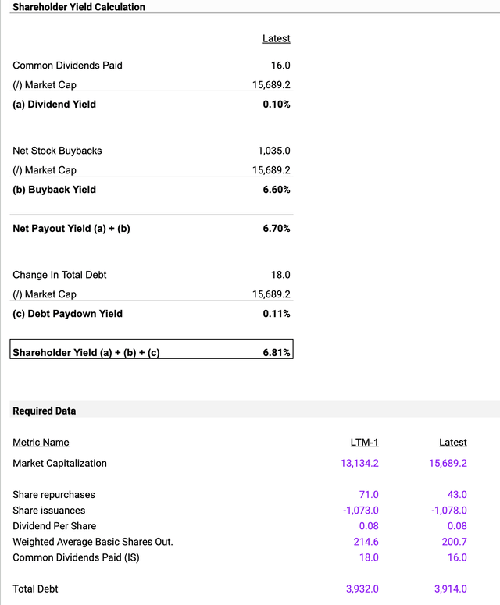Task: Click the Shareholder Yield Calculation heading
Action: [79, 7]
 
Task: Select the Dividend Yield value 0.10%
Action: [277, 104]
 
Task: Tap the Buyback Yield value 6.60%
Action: [277, 189]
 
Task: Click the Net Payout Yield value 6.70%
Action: [277, 228]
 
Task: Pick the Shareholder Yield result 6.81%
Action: [277, 353]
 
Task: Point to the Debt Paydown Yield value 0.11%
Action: [277, 314]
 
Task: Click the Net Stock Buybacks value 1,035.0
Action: [273, 151]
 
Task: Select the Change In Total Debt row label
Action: [59, 275]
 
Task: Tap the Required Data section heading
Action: [45, 411]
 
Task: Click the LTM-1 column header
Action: [364, 443]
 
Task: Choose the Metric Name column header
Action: [41, 443]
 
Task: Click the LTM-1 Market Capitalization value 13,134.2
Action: [355, 463]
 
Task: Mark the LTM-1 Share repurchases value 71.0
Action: [368, 495]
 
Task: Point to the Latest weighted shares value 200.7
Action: [454, 542]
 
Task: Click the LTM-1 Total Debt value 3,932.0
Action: [362, 589]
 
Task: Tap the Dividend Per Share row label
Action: [54, 526]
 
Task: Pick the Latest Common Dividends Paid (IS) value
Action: [456, 557]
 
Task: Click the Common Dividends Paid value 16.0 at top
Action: [280, 66]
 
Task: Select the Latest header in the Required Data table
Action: [453, 443]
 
